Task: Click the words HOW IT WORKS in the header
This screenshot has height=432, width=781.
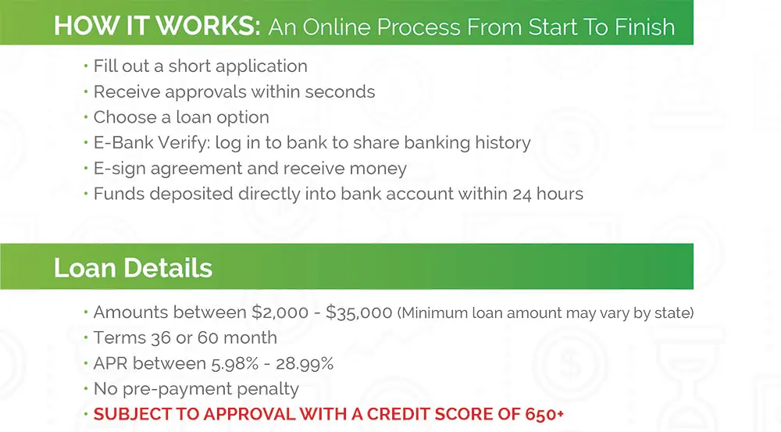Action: (157, 26)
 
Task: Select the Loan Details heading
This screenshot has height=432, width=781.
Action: (133, 268)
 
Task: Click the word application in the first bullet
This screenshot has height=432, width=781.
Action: (262, 66)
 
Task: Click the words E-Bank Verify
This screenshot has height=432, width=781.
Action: (152, 143)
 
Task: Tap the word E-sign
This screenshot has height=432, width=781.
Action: (119, 169)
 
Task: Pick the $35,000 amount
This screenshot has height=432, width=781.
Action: (359, 312)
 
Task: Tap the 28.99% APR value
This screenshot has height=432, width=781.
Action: (305, 364)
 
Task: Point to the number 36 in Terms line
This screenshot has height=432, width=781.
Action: (161, 337)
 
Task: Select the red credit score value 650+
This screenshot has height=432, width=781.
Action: (544, 414)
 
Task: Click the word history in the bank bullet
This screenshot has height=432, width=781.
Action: (502, 143)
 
